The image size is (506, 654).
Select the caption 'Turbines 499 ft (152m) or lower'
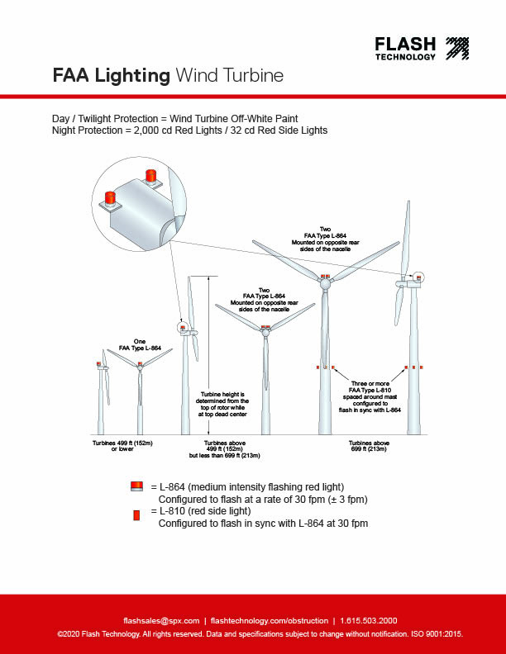pyautogui.click(x=122, y=447)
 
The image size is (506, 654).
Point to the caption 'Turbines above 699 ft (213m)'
pyautogui.click(x=369, y=447)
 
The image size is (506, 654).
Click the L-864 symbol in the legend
pyautogui.click(x=138, y=486)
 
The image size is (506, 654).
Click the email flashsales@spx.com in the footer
pyautogui.click(x=161, y=620)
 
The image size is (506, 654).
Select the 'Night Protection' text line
pyautogui.click(x=189, y=130)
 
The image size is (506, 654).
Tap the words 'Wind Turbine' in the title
pyautogui.click(x=229, y=76)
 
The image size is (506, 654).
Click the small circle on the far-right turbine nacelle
pyautogui.click(x=419, y=277)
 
